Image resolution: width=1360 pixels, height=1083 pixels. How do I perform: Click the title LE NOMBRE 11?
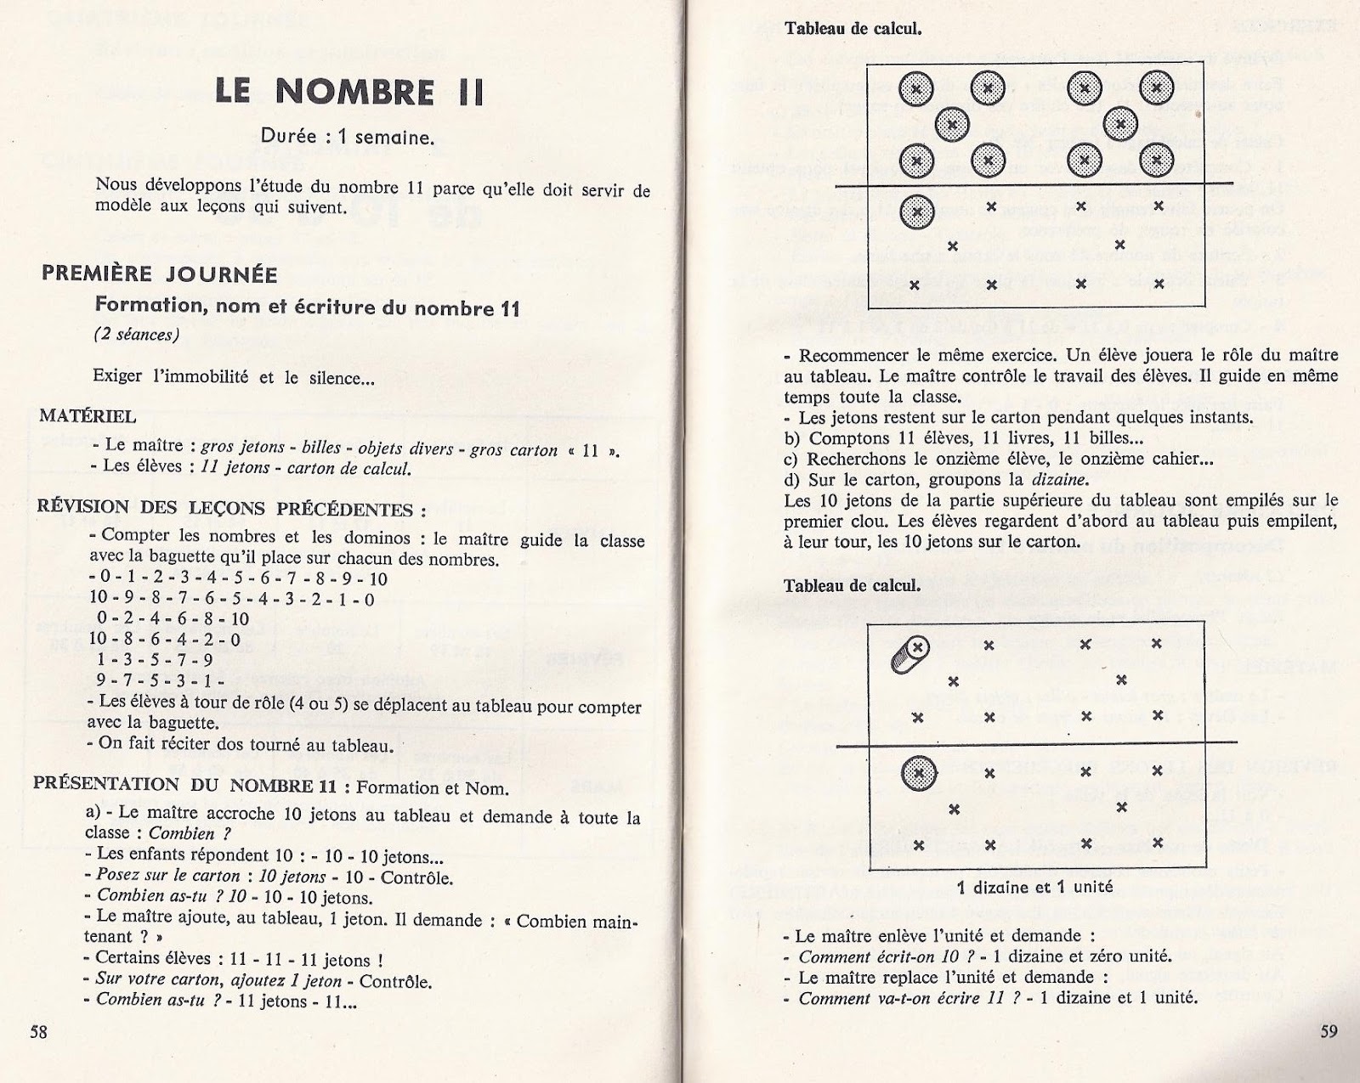click(x=349, y=92)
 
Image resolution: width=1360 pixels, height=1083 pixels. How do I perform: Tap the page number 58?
click(x=38, y=1031)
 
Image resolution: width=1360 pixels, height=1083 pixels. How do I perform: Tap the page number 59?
click(x=1329, y=1031)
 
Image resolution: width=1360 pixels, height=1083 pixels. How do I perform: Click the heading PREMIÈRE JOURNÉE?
click(x=160, y=274)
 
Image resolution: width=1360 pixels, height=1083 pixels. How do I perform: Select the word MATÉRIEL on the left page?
click(x=88, y=416)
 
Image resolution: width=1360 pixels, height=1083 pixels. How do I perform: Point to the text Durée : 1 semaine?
click(x=348, y=138)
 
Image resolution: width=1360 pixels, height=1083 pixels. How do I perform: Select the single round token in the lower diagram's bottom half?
click(x=917, y=774)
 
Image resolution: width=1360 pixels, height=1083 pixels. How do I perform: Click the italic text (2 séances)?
click(x=137, y=335)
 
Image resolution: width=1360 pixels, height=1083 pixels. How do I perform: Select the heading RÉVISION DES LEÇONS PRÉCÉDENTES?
click(x=231, y=509)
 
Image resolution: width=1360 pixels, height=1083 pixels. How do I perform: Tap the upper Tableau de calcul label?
click(x=853, y=28)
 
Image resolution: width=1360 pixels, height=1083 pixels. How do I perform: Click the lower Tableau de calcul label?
click(x=852, y=586)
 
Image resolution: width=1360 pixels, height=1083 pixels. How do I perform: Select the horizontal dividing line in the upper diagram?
click(x=1034, y=187)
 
